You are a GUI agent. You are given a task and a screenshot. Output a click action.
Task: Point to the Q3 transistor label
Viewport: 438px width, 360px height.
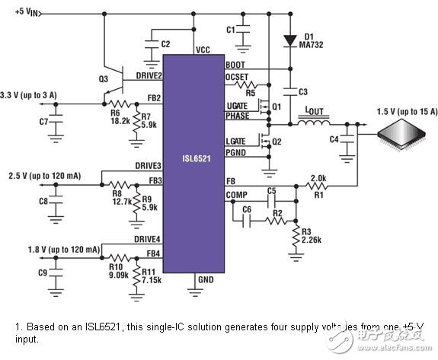click(x=104, y=78)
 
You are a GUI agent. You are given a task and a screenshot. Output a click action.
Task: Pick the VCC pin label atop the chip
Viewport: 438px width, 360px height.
click(x=203, y=49)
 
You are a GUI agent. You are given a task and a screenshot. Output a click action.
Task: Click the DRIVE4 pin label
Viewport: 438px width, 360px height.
click(x=147, y=239)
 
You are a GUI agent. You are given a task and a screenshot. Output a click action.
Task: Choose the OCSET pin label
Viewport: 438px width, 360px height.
click(x=238, y=76)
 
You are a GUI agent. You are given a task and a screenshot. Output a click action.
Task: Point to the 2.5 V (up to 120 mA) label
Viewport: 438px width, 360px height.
click(x=44, y=175)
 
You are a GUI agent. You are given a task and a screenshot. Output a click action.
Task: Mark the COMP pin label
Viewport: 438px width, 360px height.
click(x=236, y=194)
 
